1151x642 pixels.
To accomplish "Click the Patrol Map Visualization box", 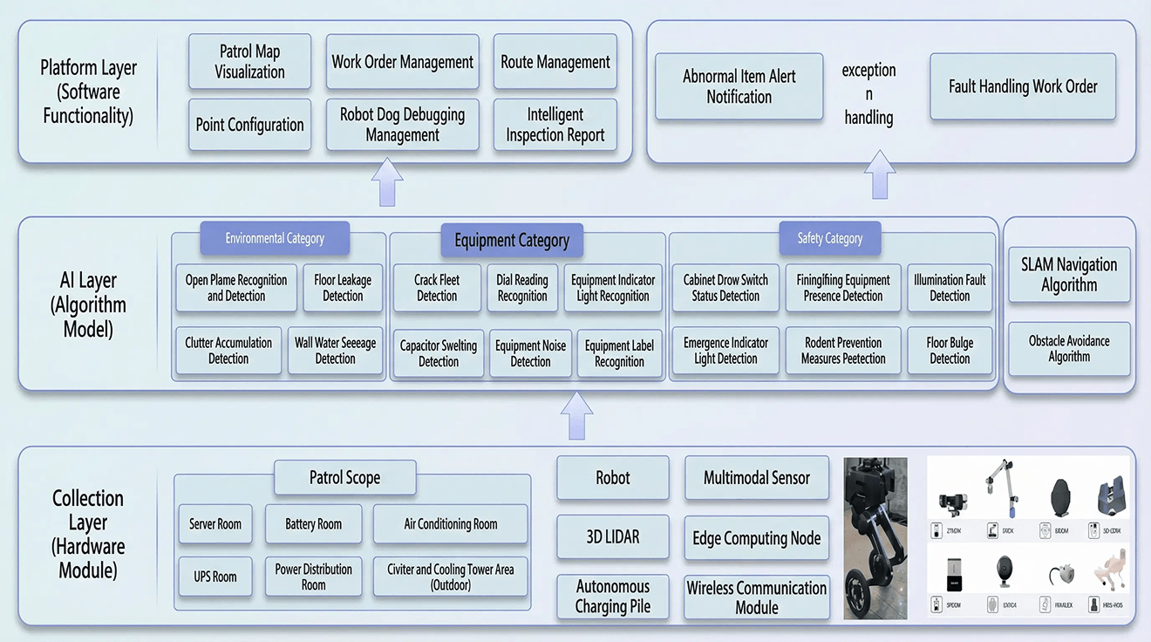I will [249, 61].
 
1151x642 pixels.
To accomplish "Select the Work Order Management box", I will [402, 62].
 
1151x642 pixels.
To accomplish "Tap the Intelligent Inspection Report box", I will [555, 125].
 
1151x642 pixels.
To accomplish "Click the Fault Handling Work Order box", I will [1023, 86].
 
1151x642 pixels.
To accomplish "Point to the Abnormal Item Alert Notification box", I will [739, 86].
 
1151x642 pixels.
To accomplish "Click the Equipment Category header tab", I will [511, 240].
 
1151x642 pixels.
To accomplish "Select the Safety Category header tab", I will [829, 238].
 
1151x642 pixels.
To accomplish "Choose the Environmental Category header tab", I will [275, 238].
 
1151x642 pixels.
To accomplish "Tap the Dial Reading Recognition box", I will [522, 288].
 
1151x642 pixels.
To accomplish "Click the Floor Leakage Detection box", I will [343, 288].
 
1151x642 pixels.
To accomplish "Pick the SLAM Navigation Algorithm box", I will [1069, 274].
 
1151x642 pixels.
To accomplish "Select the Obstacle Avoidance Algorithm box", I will [1069, 348].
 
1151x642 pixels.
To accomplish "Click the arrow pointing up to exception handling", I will [880, 174].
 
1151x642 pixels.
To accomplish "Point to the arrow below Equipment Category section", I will [576, 415].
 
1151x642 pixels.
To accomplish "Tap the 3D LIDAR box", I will [612, 537].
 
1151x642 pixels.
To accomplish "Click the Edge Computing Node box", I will [756, 538].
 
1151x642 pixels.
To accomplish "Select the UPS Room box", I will [215, 577].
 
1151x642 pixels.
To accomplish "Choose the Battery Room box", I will [313, 524].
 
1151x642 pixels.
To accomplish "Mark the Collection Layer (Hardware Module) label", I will [88, 535].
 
